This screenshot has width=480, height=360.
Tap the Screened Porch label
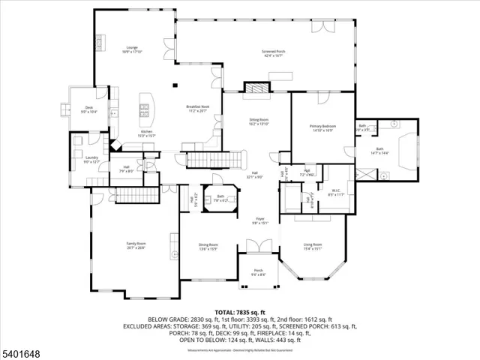point(271,53)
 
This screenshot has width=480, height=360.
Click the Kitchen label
point(147,133)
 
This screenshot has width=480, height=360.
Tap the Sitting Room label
point(259,121)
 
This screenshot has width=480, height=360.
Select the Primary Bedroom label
point(323,127)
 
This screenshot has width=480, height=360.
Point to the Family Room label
point(136,246)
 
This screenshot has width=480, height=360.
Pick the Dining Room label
point(208,247)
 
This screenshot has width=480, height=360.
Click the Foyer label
point(259,221)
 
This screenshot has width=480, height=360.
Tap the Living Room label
point(312,246)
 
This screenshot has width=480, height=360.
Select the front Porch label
point(258,273)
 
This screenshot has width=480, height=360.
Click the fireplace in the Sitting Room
point(257,88)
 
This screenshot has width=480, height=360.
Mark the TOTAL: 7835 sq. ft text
point(256,311)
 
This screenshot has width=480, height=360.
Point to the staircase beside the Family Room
point(138,197)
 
